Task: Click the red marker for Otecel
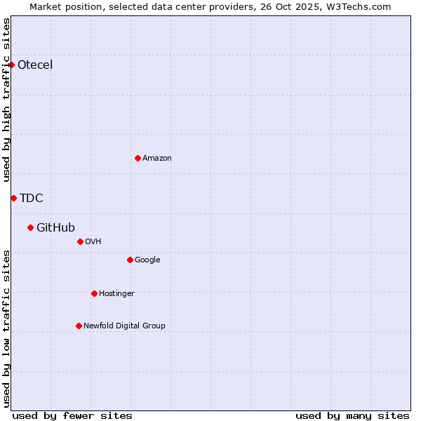pyautogui.click(x=11, y=65)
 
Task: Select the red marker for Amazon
pyautogui.click(x=138, y=158)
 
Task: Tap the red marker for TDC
pyautogui.click(x=13, y=198)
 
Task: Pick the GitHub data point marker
pyautogui.click(x=30, y=227)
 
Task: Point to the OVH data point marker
pyautogui.click(x=80, y=241)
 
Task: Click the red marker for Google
pyautogui.click(x=130, y=260)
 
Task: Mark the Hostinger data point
pyautogui.click(x=94, y=293)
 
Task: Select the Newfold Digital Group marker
pyautogui.click(x=79, y=326)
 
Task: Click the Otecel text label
pyautogui.click(x=35, y=65)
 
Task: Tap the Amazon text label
pyautogui.click(x=157, y=159)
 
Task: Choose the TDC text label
pyautogui.click(x=32, y=199)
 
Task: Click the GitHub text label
pyautogui.click(x=55, y=227)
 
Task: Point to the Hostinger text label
pyautogui.click(x=116, y=293)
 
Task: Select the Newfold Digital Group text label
pyautogui.click(x=124, y=326)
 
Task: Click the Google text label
pyautogui.click(x=147, y=260)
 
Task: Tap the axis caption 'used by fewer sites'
pyautogui.click(x=72, y=415)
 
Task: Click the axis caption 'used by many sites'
pyautogui.click(x=352, y=415)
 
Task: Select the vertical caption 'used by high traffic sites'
pyautogui.click(x=6, y=100)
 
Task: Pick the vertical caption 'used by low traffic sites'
pyautogui.click(x=6, y=328)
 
